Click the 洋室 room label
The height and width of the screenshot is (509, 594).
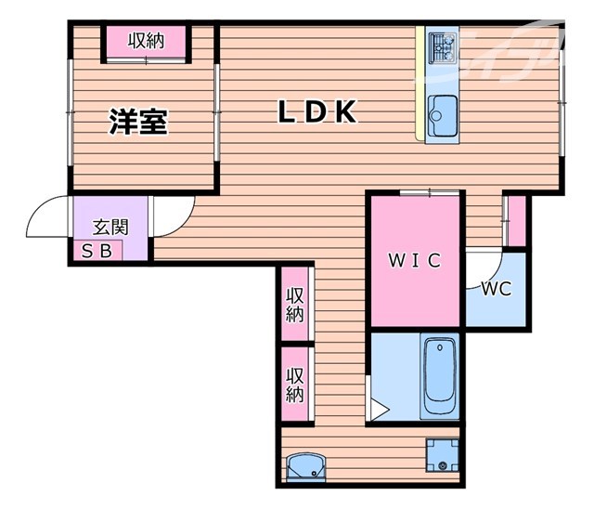coord(139,122)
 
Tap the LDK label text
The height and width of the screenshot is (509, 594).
coord(318,112)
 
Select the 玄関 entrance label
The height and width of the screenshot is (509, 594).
coord(110,227)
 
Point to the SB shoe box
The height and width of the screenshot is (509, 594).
coord(97,250)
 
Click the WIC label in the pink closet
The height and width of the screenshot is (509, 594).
coord(414,261)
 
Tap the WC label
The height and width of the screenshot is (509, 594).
coord(497,288)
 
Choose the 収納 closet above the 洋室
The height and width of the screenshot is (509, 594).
coord(146,41)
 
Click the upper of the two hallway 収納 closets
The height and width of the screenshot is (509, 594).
coord(295,304)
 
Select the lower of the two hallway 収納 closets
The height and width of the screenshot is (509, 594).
coord(295,385)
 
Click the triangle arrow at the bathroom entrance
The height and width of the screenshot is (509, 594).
coord(379,407)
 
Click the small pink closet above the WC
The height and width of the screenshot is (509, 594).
coord(516,221)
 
